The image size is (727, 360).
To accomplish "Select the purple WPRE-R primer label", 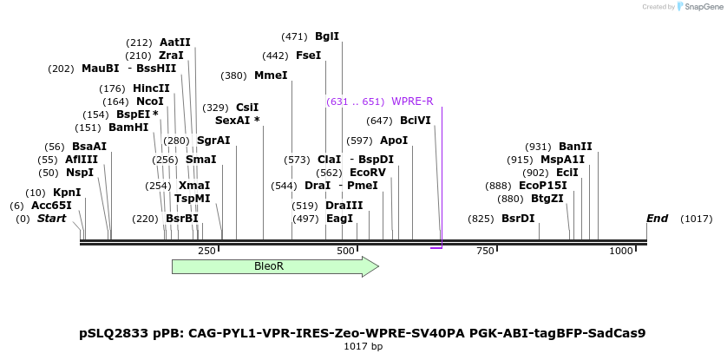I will pyautogui.click(x=412, y=101).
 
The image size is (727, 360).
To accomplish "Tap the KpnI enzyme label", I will pyautogui.click(x=67, y=193).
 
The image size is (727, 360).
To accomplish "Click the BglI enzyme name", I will pyautogui.click(x=327, y=36).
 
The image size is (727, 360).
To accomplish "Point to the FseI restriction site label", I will pyautogui.click(x=308, y=56).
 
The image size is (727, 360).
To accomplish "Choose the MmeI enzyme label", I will pyautogui.click(x=271, y=75).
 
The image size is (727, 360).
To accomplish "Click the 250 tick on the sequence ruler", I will pyautogui.click(x=206, y=251).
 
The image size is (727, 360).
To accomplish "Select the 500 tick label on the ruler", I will pyautogui.click(x=346, y=251).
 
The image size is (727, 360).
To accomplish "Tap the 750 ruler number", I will pyautogui.click(x=485, y=251).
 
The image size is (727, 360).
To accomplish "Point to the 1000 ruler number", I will pyautogui.click(x=622, y=251).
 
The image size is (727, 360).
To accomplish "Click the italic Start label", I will pyautogui.click(x=51, y=219).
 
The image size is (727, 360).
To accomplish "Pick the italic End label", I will pyautogui.click(x=657, y=219).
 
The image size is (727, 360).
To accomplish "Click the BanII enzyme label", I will pyautogui.click(x=575, y=147).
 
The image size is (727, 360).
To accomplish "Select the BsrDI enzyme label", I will pyautogui.click(x=518, y=219).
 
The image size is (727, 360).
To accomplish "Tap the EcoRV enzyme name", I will pyautogui.click(x=368, y=173).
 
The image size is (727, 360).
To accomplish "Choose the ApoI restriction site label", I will pyautogui.click(x=394, y=141).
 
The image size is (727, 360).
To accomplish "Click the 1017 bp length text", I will pyautogui.click(x=363, y=346).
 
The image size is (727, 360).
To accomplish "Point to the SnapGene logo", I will pyautogui.click(x=698, y=7).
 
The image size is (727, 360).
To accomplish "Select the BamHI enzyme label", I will pyautogui.click(x=128, y=128).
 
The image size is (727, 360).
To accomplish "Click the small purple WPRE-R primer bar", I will pyautogui.click(x=436, y=248).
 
